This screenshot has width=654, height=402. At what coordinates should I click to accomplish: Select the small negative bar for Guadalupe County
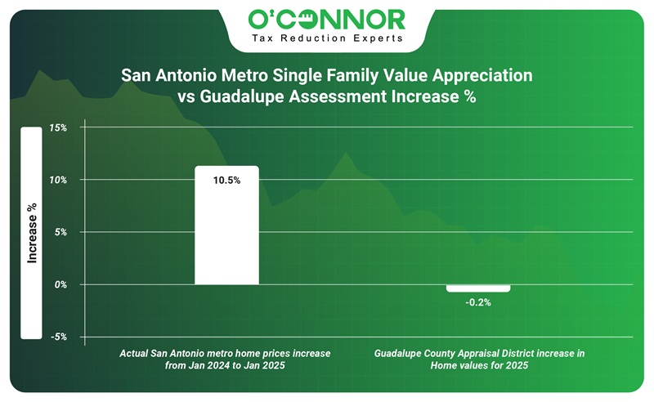[x=478, y=288]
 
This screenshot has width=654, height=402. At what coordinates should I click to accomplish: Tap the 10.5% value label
[x=226, y=181]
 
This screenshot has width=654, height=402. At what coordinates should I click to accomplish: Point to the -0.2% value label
[x=478, y=302]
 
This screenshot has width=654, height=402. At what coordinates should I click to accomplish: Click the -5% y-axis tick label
[x=58, y=337]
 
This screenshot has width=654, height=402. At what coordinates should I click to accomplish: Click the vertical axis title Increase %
[x=32, y=233]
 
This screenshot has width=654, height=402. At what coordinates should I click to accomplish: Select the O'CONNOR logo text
[x=327, y=20]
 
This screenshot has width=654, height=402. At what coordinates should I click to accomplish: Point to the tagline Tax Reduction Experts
[x=327, y=38]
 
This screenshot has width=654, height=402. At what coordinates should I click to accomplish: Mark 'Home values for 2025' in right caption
[x=480, y=366]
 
